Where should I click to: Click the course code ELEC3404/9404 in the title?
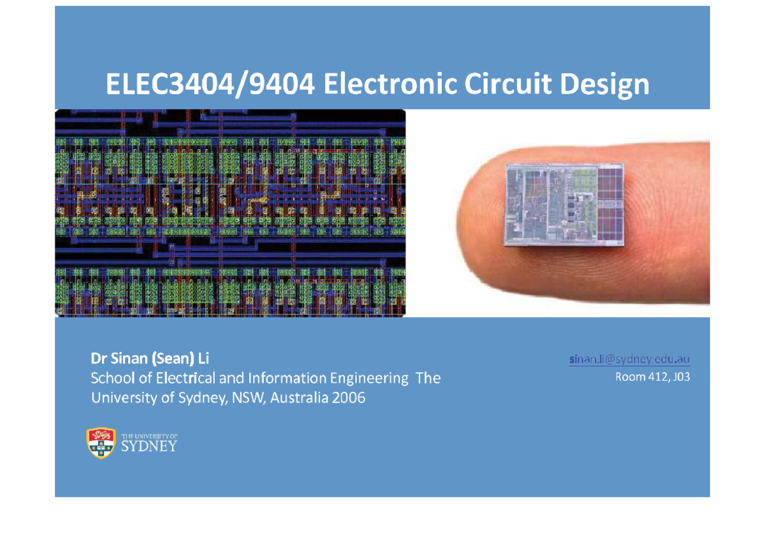click(209, 85)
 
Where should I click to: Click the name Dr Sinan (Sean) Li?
click(150, 359)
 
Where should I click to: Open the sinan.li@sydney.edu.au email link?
click(629, 360)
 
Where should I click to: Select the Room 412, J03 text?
click(652, 377)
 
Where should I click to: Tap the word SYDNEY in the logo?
click(149, 446)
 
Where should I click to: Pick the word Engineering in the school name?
click(368, 379)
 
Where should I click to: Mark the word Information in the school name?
click(288, 378)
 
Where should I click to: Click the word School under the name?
click(112, 378)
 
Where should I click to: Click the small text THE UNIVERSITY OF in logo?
click(149, 435)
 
